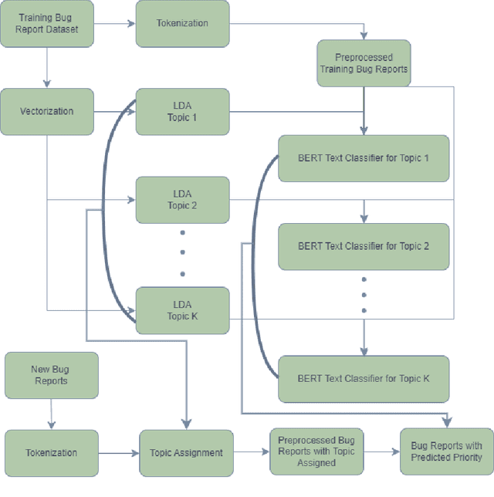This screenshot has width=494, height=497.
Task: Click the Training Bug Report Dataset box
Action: pos(47,23)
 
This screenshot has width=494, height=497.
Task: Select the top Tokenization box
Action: pos(182,23)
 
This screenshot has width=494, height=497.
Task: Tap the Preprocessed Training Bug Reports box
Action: pos(364,63)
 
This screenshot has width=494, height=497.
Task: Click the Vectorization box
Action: pos(47,111)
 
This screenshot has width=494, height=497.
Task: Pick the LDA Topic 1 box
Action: pos(182,111)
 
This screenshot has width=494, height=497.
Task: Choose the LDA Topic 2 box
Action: pos(182,200)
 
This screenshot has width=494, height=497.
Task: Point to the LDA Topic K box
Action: pos(182,310)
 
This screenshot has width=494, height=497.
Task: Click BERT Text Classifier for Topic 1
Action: pos(363,158)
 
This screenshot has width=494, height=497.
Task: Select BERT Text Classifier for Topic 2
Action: pos(363,246)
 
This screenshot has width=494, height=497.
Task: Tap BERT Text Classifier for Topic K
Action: pos(363,378)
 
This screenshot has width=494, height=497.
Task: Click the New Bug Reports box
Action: pos(51,375)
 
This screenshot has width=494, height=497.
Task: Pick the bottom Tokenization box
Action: pos(51,453)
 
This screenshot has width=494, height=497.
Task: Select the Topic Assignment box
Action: pos(186,453)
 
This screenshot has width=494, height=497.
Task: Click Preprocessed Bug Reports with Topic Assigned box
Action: pos(316,451)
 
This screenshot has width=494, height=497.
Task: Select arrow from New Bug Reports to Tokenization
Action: pos(51,414)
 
